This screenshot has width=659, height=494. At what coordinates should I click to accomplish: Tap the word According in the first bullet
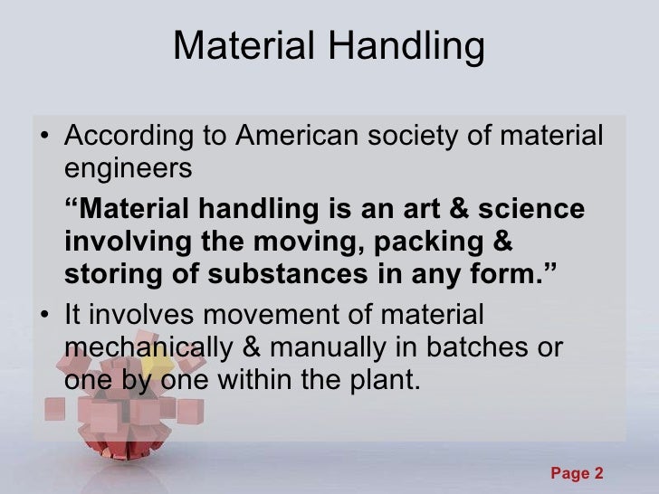pyautogui.click(x=121, y=138)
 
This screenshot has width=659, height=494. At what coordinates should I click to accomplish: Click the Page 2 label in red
pyautogui.click(x=578, y=473)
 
